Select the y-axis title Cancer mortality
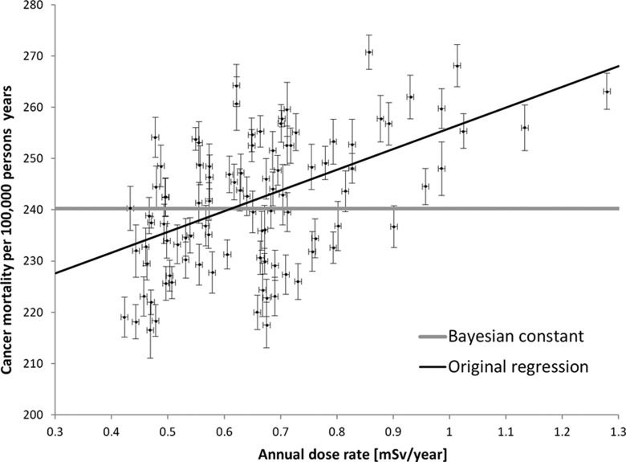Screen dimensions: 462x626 10,209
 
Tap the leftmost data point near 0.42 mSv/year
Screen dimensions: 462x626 124,317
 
